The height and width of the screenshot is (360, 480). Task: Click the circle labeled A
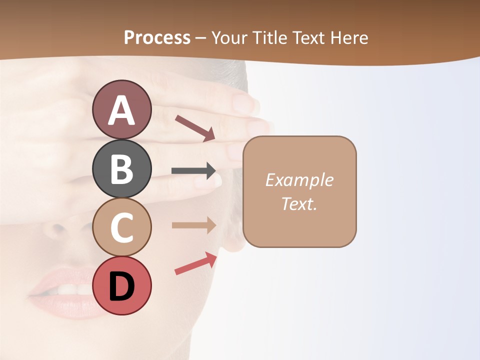point(121,109)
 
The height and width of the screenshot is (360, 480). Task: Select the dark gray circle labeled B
point(121,168)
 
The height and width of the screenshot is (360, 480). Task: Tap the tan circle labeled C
point(121,227)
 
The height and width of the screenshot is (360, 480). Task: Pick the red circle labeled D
point(121,285)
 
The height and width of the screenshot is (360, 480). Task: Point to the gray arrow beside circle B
point(193,171)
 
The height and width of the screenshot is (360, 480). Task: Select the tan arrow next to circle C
point(193,225)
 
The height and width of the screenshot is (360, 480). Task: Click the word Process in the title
point(157,37)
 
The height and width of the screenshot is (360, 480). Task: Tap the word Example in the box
point(299,180)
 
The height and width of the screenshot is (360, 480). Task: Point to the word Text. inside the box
point(299,203)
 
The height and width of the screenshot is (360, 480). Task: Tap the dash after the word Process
point(200,38)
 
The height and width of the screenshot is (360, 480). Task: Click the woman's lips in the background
point(62,292)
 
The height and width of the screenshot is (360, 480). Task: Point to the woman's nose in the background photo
point(60,227)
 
